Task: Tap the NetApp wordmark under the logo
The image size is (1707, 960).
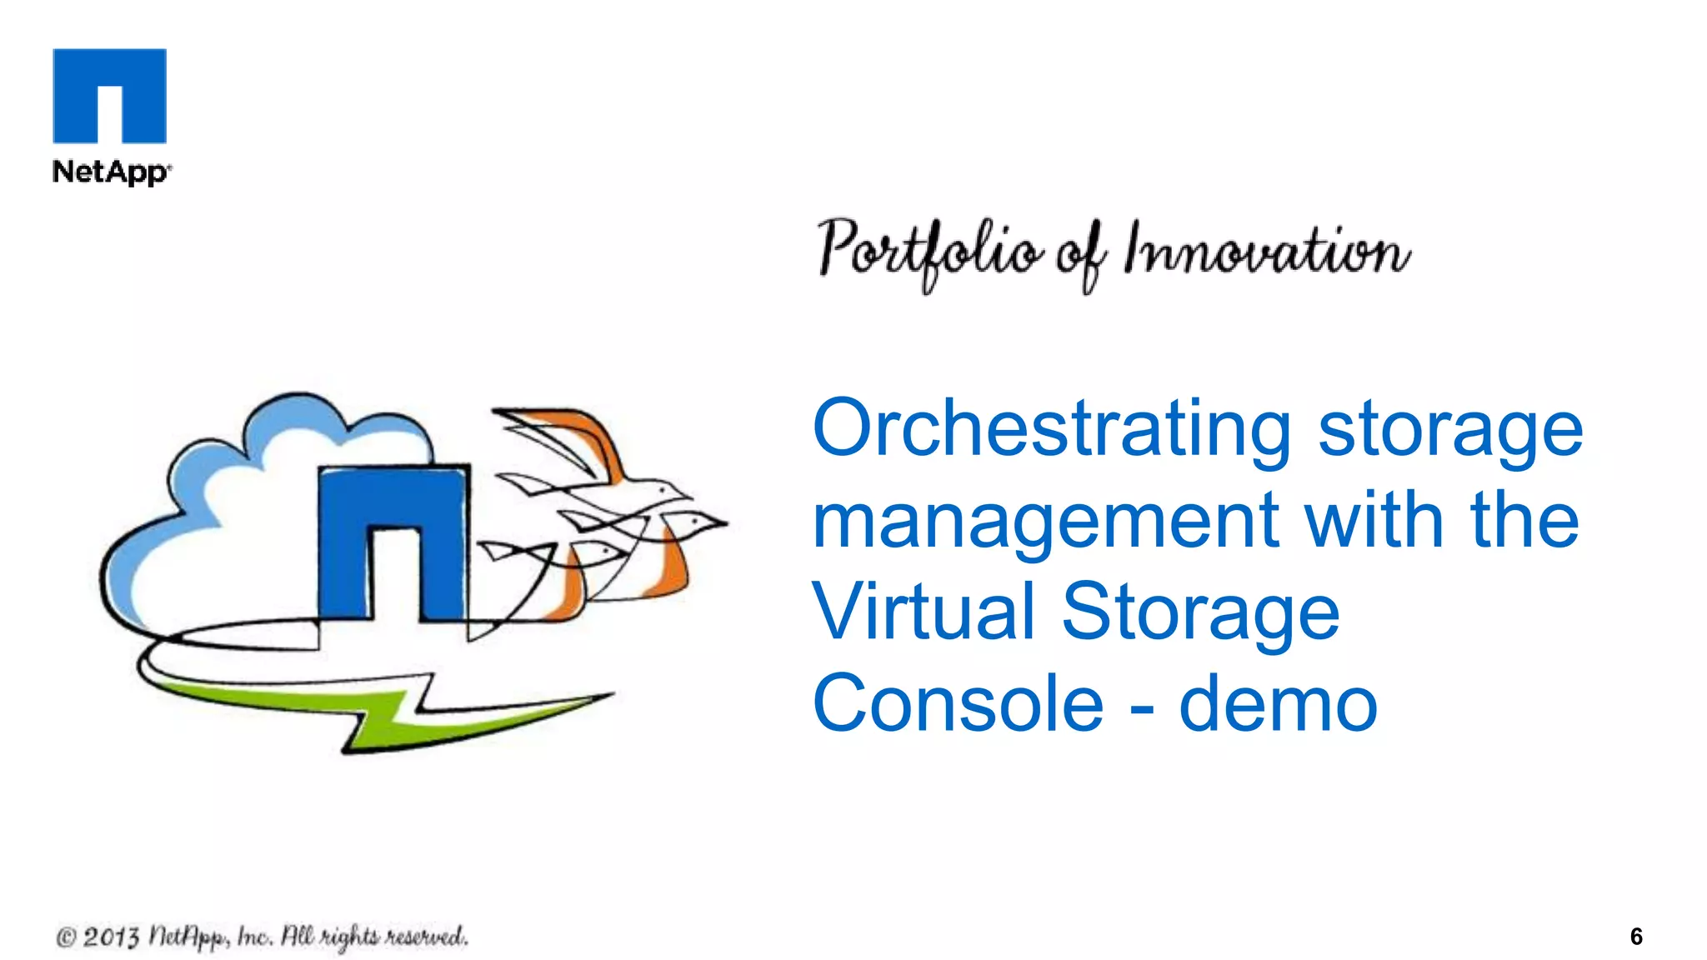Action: click(x=111, y=172)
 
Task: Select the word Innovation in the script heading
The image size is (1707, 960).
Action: click(x=1267, y=251)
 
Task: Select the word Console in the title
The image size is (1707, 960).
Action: click(x=959, y=703)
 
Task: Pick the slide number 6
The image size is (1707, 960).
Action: click(x=1636, y=937)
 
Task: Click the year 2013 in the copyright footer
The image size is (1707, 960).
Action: click(x=111, y=937)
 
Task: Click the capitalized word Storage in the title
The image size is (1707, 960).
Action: click(x=1200, y=612)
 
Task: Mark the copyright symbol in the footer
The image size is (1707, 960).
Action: click(x=66, y=938)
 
